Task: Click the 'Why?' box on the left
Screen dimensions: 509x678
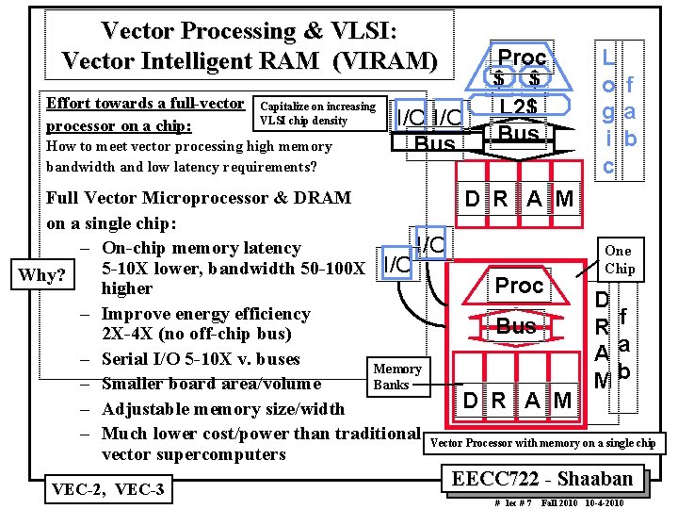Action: pyautogui.click(x=43, y=275)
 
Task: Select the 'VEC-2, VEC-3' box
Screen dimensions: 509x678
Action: pyautogui.click(x=109, y=489)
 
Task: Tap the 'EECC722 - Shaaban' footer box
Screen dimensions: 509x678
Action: pyautogui.click(x=549, y=478)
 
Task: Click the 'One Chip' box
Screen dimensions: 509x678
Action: pyautogui.click(x=619, y=259)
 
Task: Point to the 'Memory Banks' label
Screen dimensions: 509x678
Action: pyautogui.click(x=396, y=376)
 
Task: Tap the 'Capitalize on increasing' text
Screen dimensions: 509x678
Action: pyautogui.click(x=317, y=106)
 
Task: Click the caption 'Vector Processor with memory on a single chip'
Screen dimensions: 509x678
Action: pyautogui.click(x=542, y=443)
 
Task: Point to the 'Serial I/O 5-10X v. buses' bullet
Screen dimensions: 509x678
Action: pyautogui.click(x=201, y=359)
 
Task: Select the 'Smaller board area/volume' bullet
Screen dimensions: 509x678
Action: pyautogui.click(x=211, y=384)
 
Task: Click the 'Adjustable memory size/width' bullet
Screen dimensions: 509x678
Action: pyautogui.click(x=222, y=409)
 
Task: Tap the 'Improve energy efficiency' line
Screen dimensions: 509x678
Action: pyautogui.click(x=205, y=314)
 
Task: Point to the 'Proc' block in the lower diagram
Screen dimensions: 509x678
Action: pyautogui.click(x=520, y=286)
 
